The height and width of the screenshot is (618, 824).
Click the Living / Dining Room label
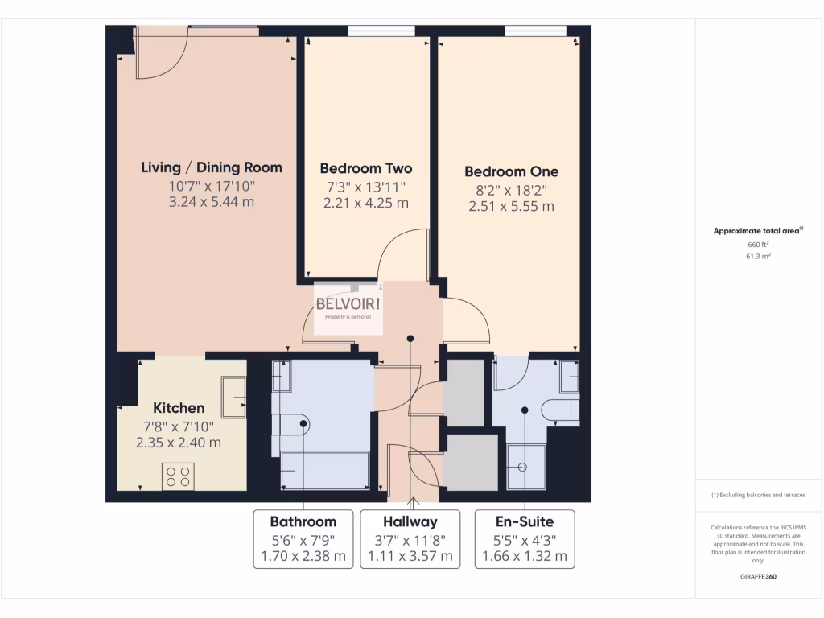[212, 167]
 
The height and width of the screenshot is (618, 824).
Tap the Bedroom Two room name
[365, 168]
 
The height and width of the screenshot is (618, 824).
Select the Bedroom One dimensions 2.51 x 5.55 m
[511, 206]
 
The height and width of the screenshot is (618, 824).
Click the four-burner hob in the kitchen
[178, 477]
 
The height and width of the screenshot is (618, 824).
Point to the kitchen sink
[235, 398]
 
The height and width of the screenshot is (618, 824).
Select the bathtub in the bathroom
[324, 471]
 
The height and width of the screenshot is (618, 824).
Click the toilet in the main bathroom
[290, 425]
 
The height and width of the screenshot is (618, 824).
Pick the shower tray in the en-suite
[526, 467]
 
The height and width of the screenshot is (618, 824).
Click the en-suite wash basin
[569, 375]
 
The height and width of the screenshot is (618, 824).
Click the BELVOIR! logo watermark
[348, 306]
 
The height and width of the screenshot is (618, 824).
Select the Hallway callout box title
[410, 521]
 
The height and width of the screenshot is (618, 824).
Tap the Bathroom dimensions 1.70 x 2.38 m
[303, 555]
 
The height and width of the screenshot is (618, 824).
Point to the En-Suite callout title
[525, 521]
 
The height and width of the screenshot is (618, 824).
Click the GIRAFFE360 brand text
[757, 576]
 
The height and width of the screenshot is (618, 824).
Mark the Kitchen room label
[179, 408]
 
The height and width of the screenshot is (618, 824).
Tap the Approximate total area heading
[756, 231]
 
